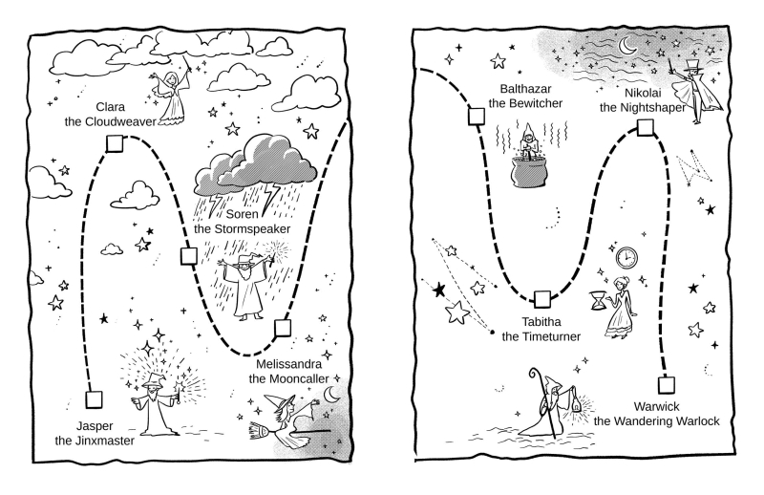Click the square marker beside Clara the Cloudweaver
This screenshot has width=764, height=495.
click(x=116, y=143)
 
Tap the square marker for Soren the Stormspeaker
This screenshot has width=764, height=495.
click(x=188, y=256)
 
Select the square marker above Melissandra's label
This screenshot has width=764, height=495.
click(x=282, y=329)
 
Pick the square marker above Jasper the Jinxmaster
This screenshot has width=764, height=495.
click(x=93, y=399)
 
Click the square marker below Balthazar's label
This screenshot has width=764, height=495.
click(x=475, y=118)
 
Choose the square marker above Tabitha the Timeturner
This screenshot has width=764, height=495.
click(x=542, y=299)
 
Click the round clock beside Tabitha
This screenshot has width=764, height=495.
click(x=626, y=257)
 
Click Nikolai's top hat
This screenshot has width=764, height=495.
click(x=691, y=69)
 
